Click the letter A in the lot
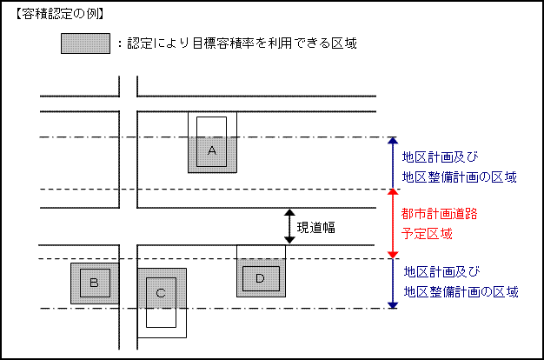tap(211, 150)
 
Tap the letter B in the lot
tap(94, 283)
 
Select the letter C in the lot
tap(161, 293)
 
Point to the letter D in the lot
tap(260, 277)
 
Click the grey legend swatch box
tap(85, 43)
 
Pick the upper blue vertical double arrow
tap(393, 163)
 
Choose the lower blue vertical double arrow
tap(393, 283)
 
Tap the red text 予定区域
tap(427, 234)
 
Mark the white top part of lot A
tap(211, 127)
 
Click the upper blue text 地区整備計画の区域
tap(460, 177)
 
